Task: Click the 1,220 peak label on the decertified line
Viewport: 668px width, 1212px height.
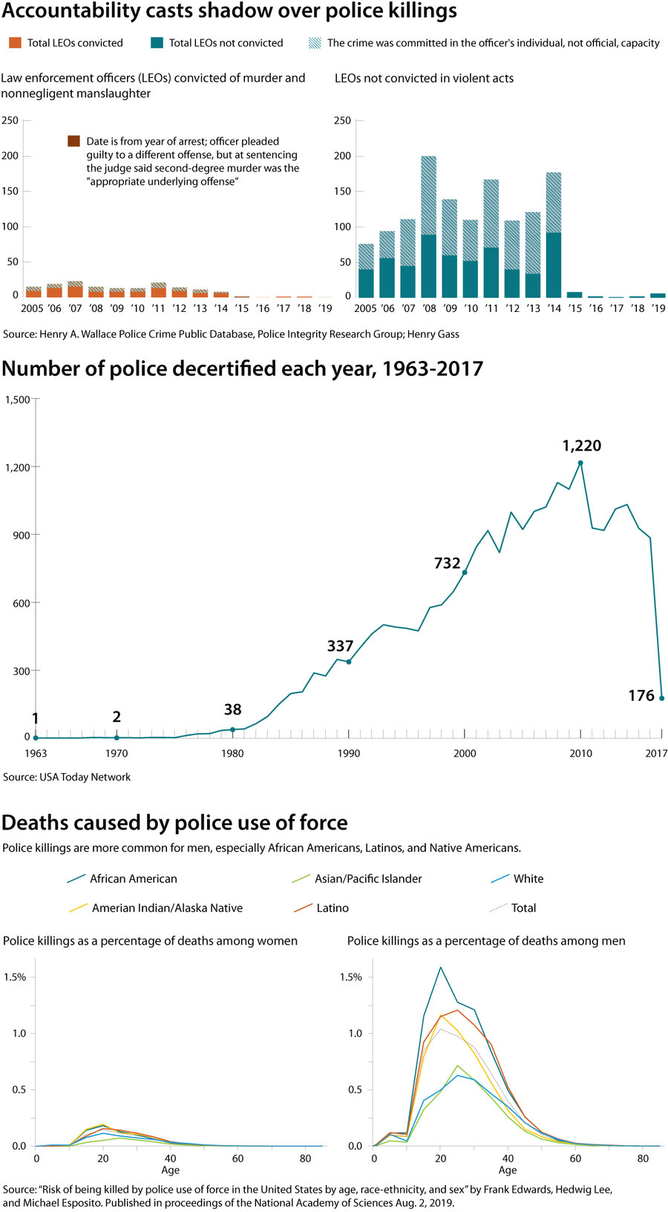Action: [581, 446]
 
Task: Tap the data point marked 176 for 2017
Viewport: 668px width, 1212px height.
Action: [661, 698]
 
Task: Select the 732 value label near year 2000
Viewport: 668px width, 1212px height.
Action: [447, 563]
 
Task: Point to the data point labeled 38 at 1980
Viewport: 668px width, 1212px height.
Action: [232, 729]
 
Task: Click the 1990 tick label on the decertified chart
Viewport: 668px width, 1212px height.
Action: [349, 753]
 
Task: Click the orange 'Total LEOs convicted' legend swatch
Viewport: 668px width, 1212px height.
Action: [15, 43]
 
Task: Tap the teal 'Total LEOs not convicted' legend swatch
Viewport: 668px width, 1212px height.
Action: [157, 43]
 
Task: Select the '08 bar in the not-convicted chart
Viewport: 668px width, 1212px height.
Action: [428, 227]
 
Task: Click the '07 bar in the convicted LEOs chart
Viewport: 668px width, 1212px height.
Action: [75, 290]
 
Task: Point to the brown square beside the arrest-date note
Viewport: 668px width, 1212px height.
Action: [73, 141]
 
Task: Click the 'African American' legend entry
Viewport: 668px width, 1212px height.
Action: [133, 879]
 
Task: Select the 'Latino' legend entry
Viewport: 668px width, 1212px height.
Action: [332, 908]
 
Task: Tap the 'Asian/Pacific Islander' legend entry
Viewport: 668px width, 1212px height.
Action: [367, 879]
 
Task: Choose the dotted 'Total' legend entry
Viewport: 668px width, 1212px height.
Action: [523, 908]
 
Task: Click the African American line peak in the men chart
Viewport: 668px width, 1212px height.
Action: [440, 967]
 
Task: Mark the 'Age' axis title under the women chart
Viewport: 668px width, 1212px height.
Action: [170, 1170]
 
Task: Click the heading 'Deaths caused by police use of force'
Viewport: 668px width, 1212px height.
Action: [174, 823]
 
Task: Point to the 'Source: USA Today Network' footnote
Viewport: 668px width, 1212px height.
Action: [67, 777]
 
